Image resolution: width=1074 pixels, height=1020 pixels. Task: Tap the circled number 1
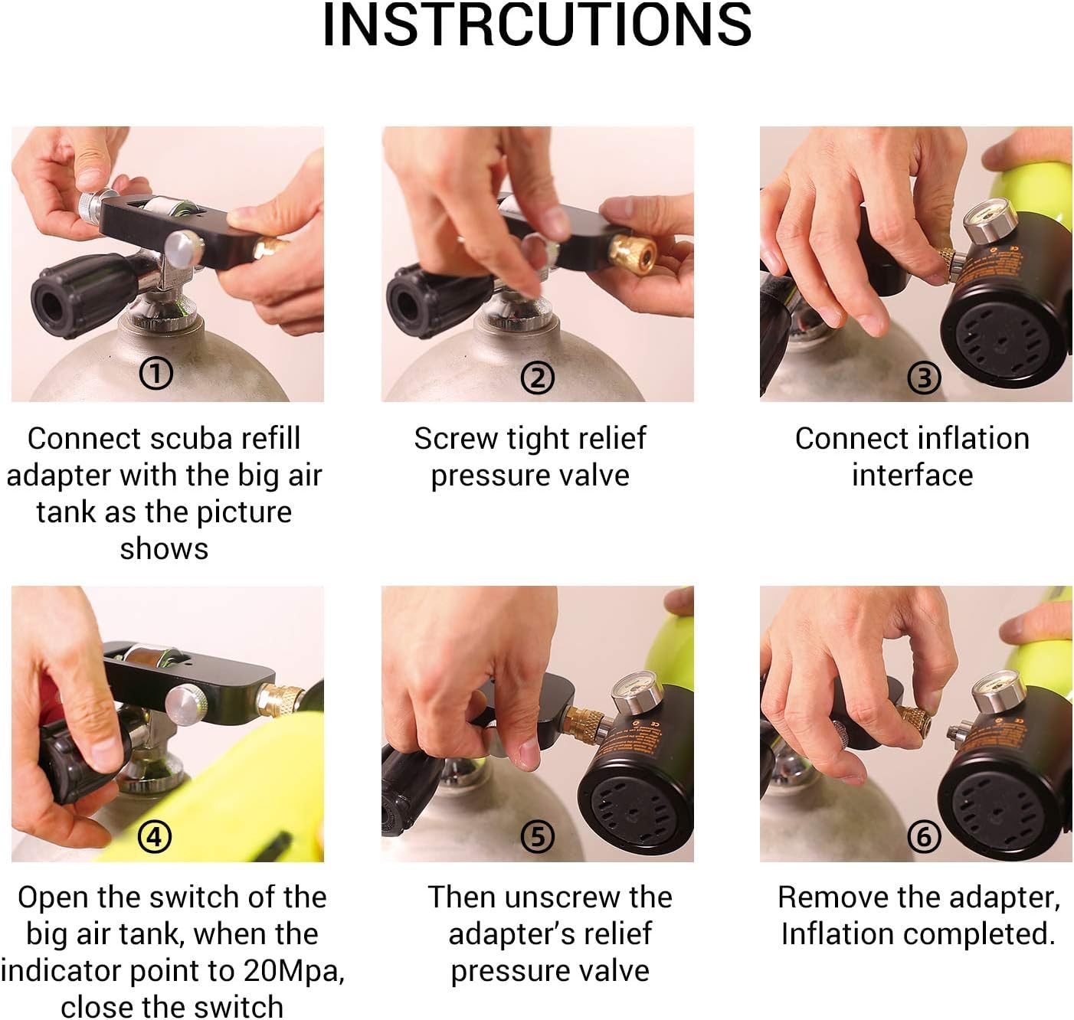tap(156, 374)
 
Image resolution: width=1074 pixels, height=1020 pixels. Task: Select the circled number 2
tap(538, 378)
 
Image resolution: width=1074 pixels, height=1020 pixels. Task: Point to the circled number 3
tap(924, 378)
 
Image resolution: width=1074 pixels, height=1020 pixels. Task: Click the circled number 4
tap(156, 836)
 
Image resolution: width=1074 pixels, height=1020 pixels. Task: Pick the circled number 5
tap(538, 836)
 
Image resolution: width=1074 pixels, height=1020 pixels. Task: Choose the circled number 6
tap(924, 836)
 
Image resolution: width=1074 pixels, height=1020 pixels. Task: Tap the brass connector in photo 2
tap(633, 254)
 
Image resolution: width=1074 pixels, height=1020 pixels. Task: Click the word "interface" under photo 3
tap(912, 475)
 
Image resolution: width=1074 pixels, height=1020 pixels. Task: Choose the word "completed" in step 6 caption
tap(978, 935)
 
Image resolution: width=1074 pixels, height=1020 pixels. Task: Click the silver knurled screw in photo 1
tap(93, 204)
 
